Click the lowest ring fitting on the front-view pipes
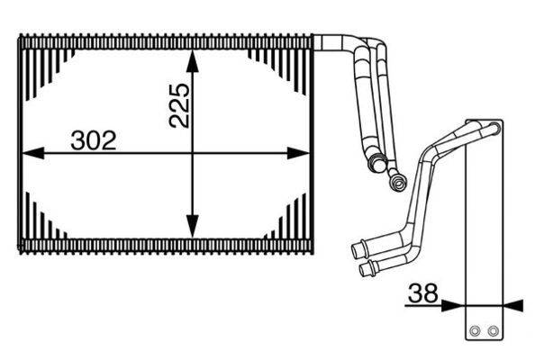[x=394, y=184]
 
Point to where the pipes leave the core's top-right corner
[x=320, y=41]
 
